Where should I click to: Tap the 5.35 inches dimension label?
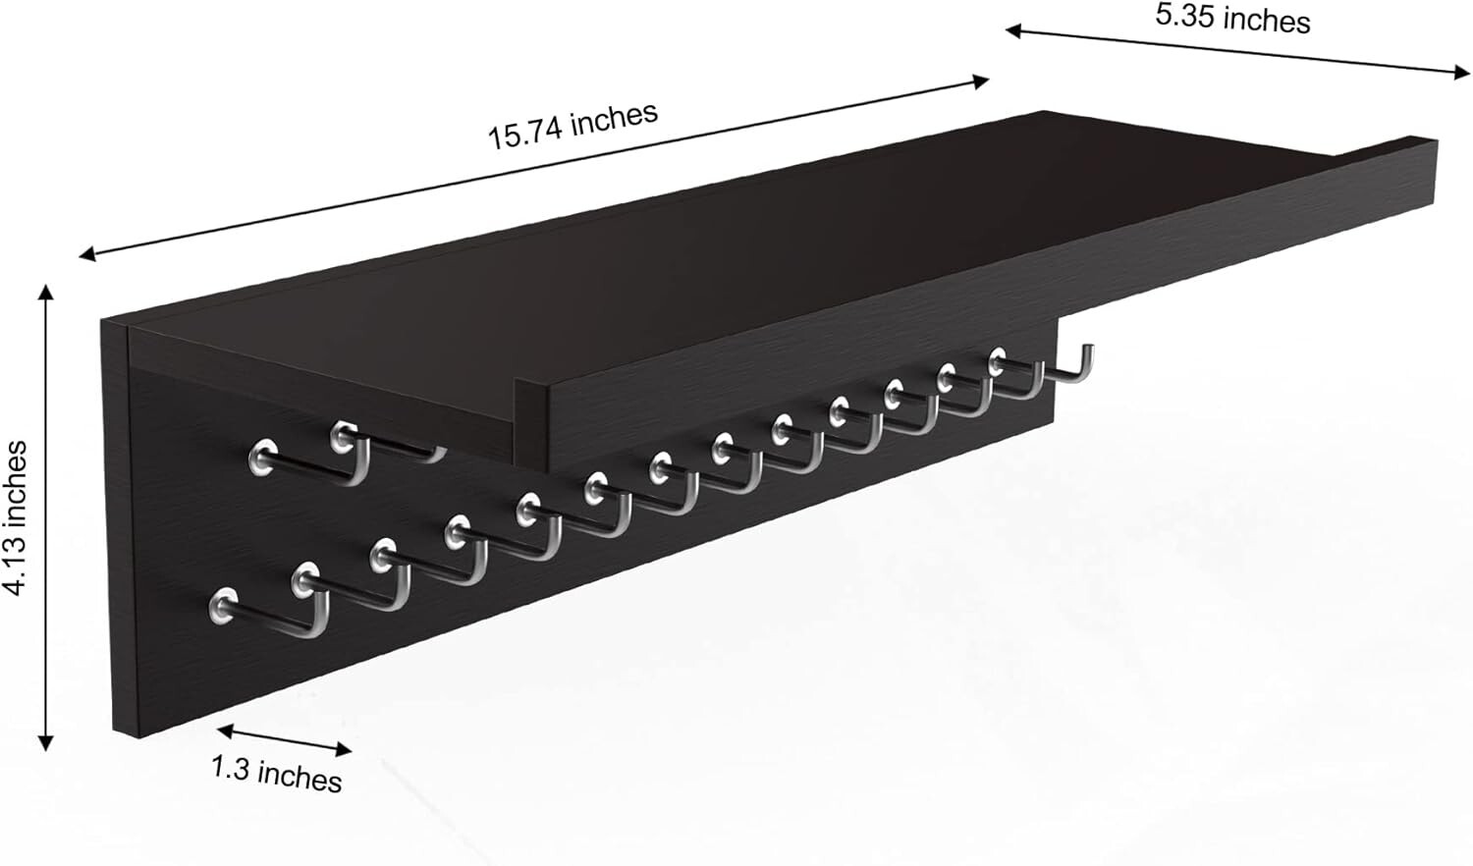coord(1233,19)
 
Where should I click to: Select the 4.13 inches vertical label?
coord(16,518)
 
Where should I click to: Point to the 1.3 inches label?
coord(276,774)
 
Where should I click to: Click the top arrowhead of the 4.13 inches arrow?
coord(45,292)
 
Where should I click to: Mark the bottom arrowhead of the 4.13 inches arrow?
coord(45,743)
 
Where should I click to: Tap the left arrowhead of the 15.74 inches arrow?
coord(86,254)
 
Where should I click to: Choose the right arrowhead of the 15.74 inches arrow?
coord(981,81)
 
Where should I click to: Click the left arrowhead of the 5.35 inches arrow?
coord(1014,30)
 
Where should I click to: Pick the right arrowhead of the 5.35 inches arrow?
coord(1461,72)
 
